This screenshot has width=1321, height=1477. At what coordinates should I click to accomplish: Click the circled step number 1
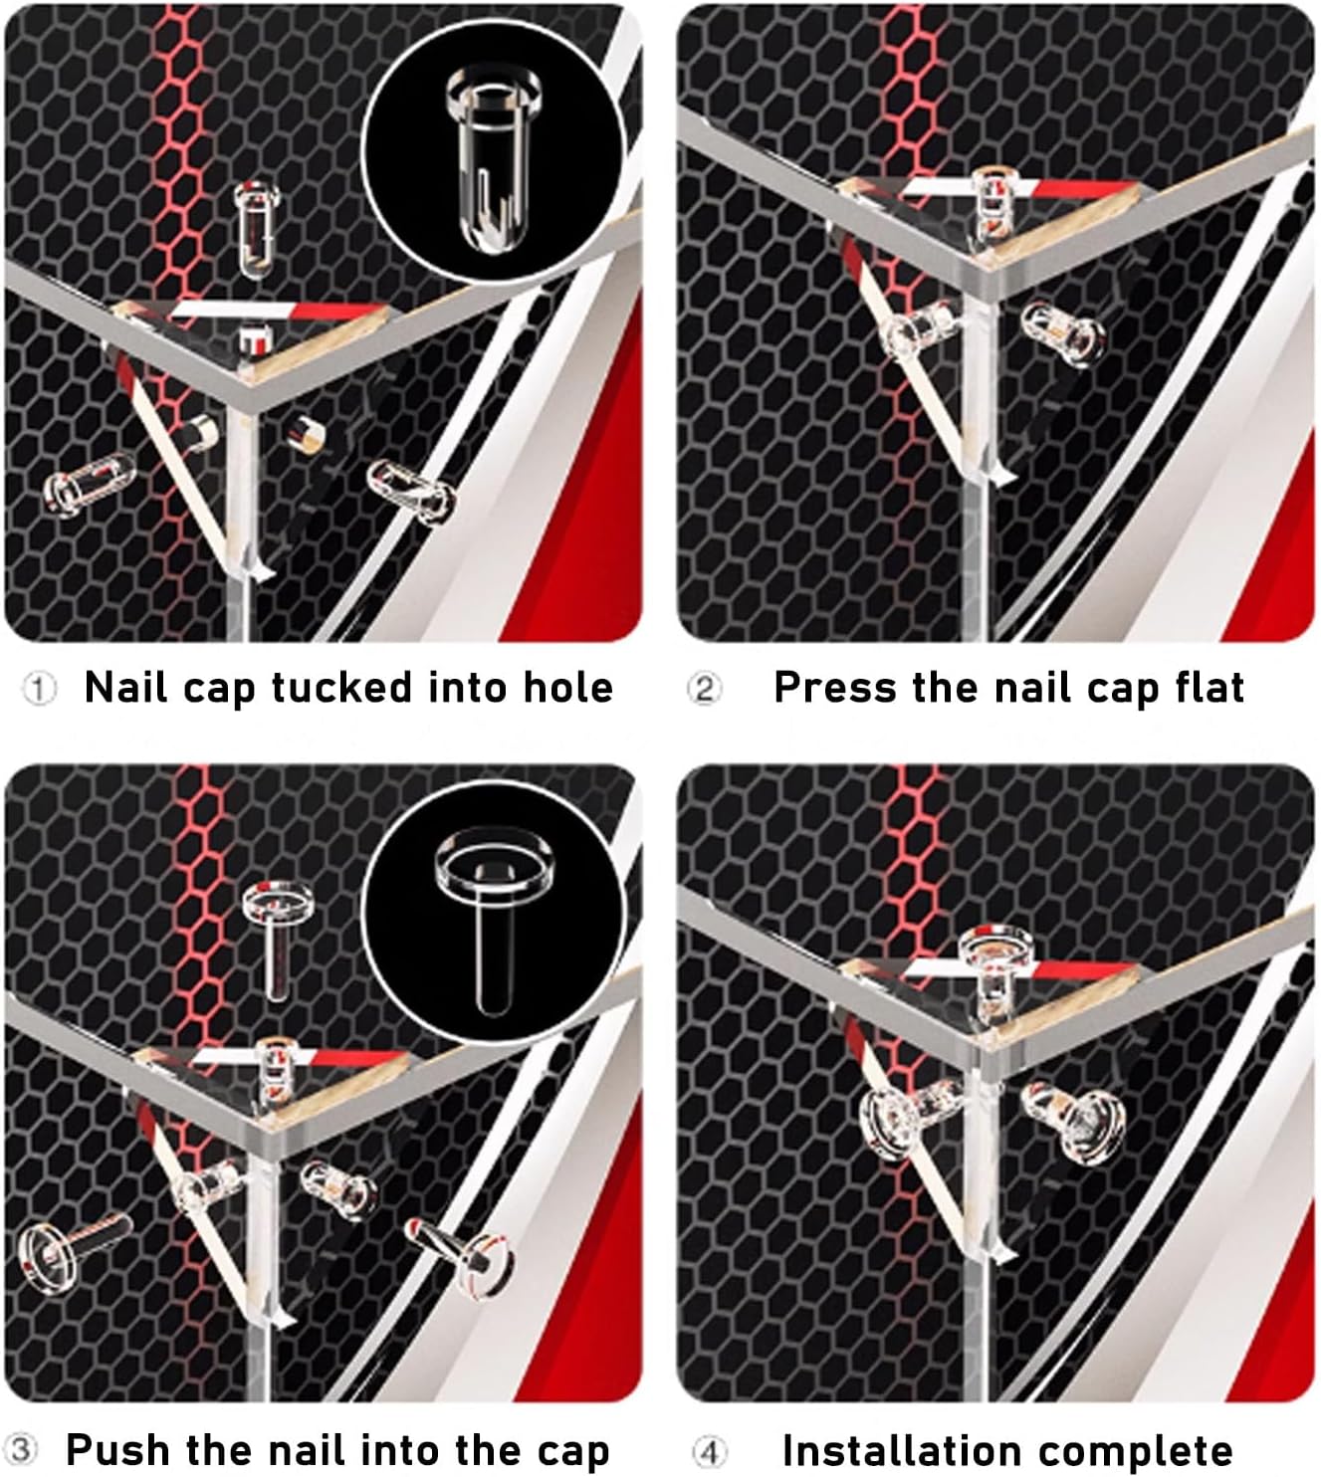point(39,689)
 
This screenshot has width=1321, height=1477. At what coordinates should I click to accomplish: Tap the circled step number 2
point(705,689)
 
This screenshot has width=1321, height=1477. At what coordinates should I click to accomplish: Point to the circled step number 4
point(708,1451)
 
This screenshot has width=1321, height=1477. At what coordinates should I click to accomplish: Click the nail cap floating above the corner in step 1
point(257,230)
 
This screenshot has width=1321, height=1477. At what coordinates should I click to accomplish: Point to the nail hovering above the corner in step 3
point(278,940)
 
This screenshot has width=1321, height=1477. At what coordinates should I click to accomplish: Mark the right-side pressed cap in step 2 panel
point(1063,333)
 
